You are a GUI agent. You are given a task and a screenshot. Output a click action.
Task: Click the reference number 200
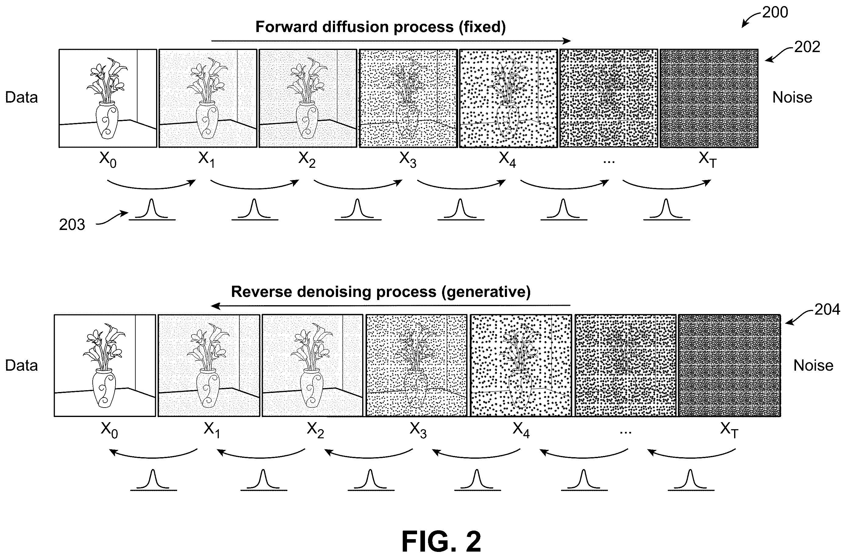pos(775,12)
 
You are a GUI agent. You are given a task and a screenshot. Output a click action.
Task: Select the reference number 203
pos(72,225)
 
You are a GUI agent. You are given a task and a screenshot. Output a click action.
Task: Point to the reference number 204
pos(827,309)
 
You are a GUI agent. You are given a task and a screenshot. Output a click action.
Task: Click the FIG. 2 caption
pos(441,541)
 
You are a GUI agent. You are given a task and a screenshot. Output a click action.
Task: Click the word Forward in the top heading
pos(286,27)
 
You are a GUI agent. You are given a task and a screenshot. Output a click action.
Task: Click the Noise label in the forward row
pos(792,97)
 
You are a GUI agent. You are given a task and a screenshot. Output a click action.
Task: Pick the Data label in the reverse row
pos(21,366)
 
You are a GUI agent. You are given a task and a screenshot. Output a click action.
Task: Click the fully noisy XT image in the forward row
pos(709,98)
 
